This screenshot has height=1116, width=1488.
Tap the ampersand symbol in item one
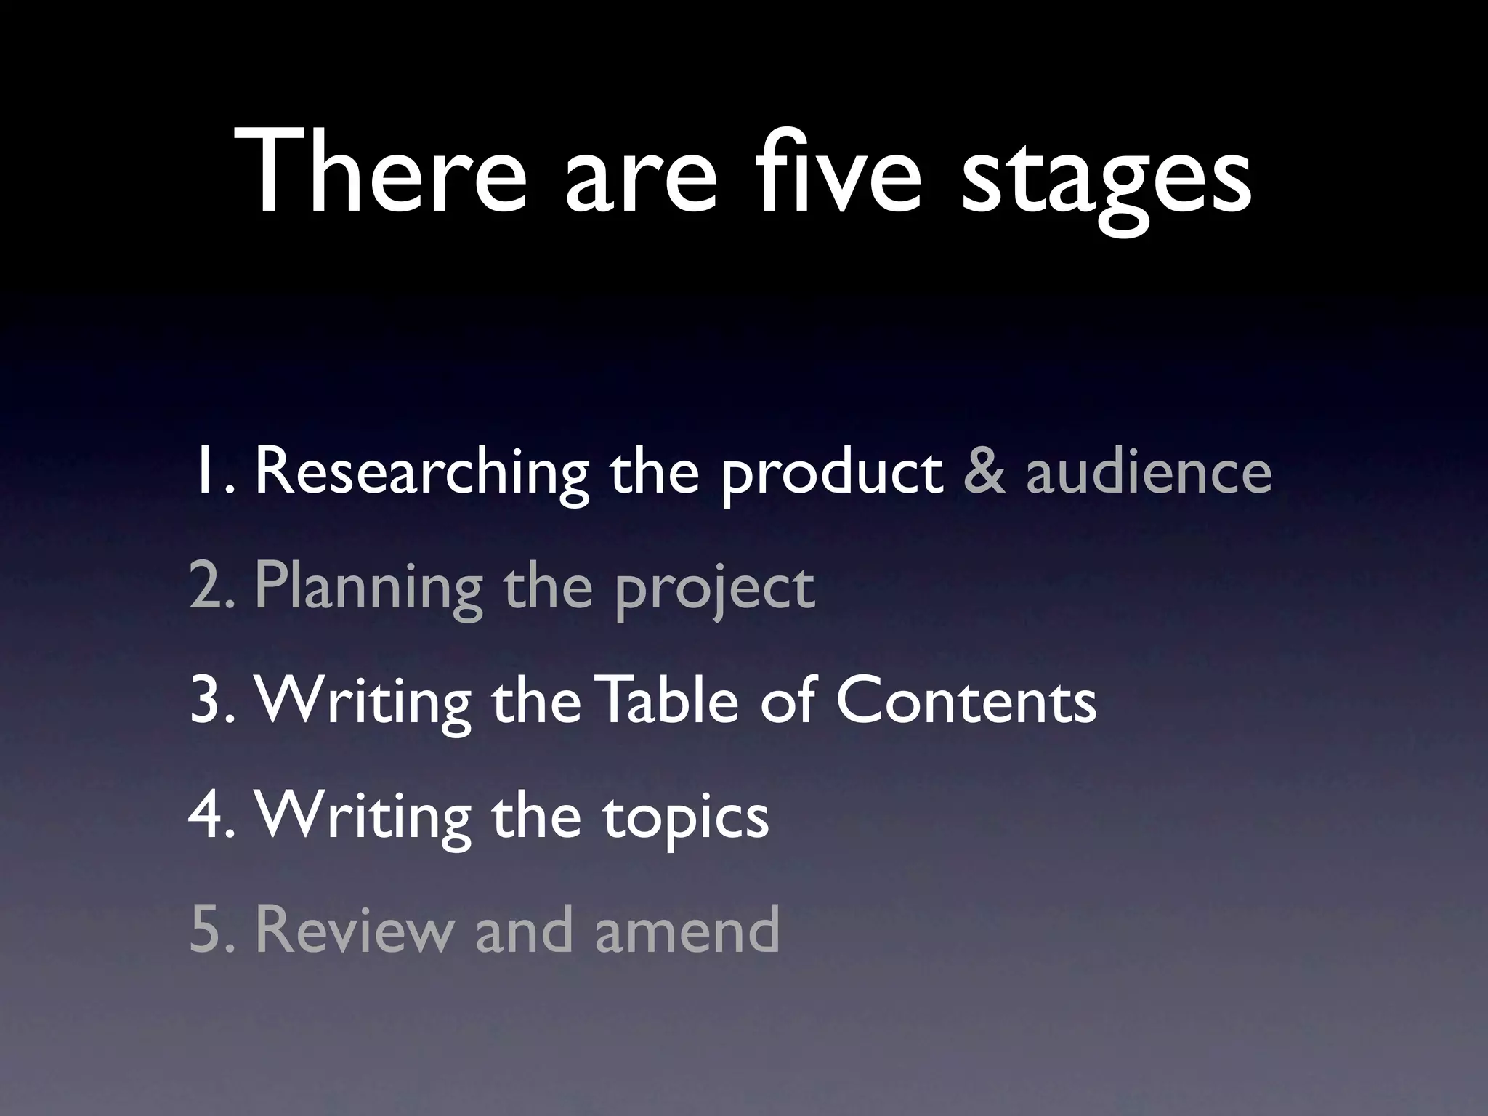(x=985, y=472)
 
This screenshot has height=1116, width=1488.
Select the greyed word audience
(x=1149, y=472)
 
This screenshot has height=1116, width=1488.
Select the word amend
(x=687, y=930)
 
